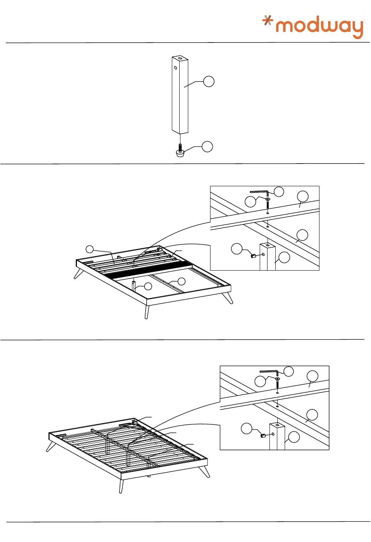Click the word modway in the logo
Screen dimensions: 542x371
[x=320, y=27]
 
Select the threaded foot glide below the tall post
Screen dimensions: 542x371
[x=180, y=152]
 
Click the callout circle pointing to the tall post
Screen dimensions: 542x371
[x=209, y=82]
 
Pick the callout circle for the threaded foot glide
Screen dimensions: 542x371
[x=207, y=146]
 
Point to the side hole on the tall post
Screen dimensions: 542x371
[x=176, y=68]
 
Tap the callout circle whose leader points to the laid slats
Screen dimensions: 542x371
[x=89, y=249]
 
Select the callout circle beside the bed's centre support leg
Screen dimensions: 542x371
[x=148, y=286]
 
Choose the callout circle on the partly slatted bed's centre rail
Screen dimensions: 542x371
[x=181, y=281]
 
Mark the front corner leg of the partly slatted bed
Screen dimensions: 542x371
[x=147, y=312]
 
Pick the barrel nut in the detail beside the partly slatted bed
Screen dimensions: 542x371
[x=253, y=256]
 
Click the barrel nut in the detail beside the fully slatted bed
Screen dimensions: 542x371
[x=263, y=436]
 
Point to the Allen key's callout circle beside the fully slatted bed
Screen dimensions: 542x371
[x=288, y=371]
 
